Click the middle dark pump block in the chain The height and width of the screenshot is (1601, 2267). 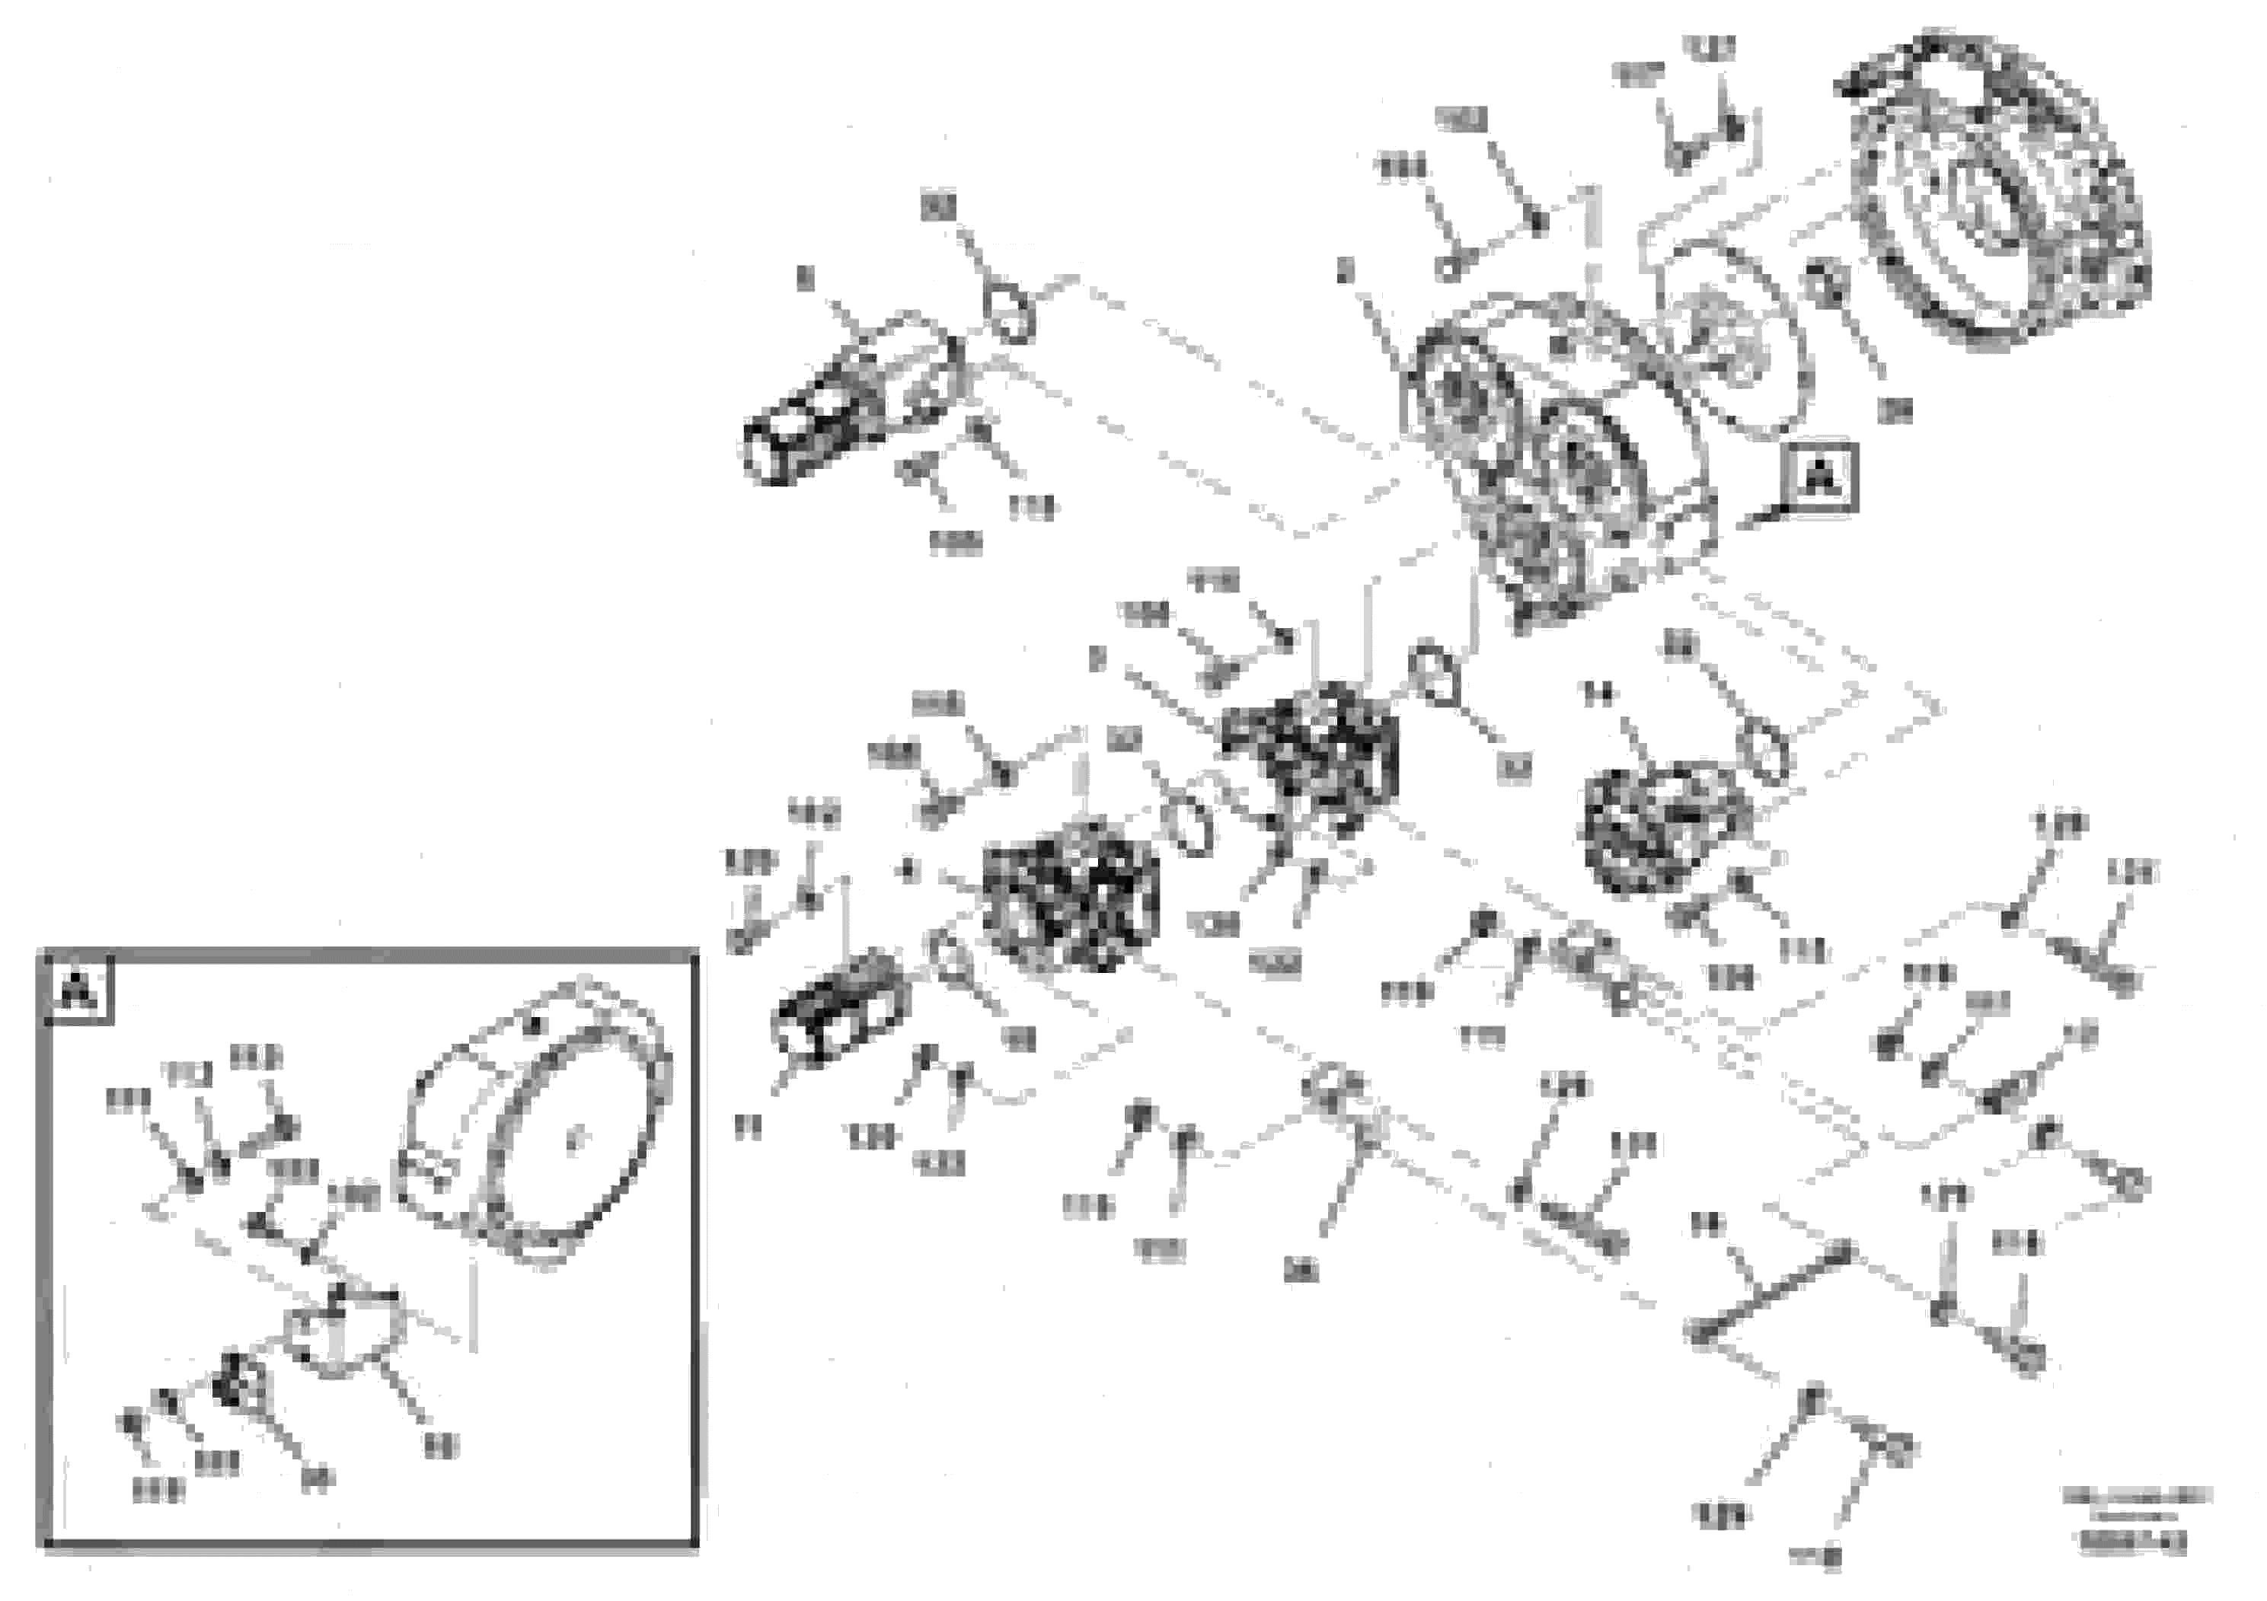point(1071,892)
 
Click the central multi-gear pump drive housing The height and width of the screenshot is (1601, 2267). point(1560,464)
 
